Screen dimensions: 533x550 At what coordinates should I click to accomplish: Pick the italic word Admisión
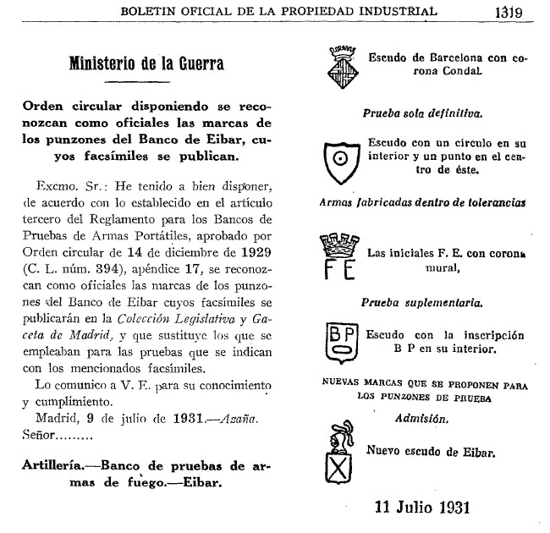click(x=422, y=417)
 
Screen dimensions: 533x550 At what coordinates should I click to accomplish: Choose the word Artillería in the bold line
click(x=64, y=467)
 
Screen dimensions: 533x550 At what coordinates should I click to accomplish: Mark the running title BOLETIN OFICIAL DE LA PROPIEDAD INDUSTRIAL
click(x=279, y=11)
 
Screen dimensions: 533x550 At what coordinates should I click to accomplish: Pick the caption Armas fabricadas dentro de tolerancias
click(x=422, y=202)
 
